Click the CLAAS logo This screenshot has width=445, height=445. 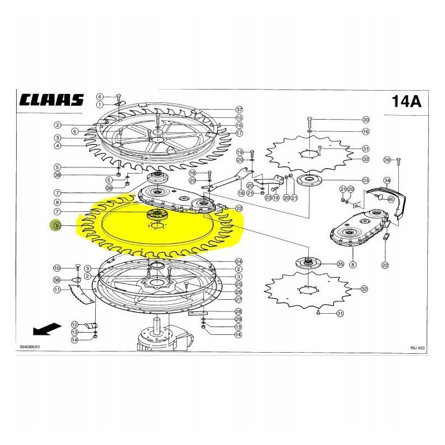click(51, 100)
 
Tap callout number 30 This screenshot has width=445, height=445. click(365, 120)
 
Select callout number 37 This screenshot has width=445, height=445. click(239, 110)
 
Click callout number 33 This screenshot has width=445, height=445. click(365, 180)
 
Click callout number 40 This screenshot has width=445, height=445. click(391, 200)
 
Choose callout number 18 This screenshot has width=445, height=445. click(241, 193)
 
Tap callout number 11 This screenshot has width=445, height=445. click(57, 290)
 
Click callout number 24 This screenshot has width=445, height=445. click(238, 261)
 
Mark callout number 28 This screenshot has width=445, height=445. click(238, 311)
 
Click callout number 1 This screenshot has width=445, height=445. click(100, 104)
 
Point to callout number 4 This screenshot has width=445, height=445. click(57, 146)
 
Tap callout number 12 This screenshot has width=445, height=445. click(74, 324)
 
